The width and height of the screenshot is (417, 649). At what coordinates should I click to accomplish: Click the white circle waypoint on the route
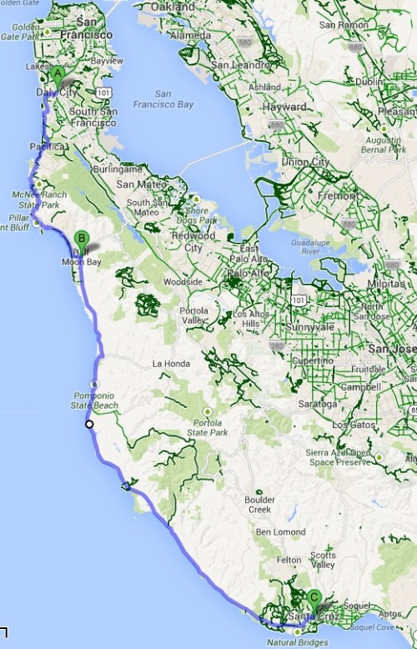tap(88, 425)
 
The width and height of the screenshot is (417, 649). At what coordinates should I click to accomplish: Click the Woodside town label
tap(183, 282)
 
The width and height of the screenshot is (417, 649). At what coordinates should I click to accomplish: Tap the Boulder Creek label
tap(259, 505)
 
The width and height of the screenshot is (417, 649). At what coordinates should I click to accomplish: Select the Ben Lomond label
tap(276, 531)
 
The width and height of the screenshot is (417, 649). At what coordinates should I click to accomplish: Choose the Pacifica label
tap(46, 146)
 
